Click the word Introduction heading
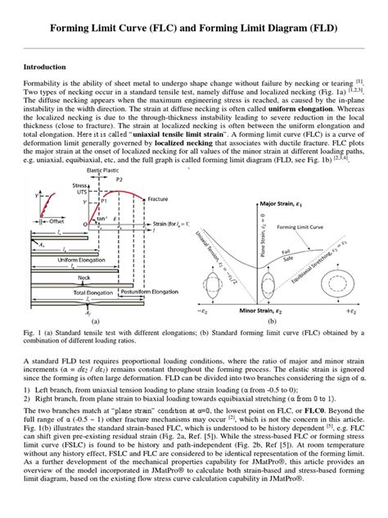point(45,66)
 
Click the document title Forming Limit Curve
point(193,30)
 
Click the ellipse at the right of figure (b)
point(356,270)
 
